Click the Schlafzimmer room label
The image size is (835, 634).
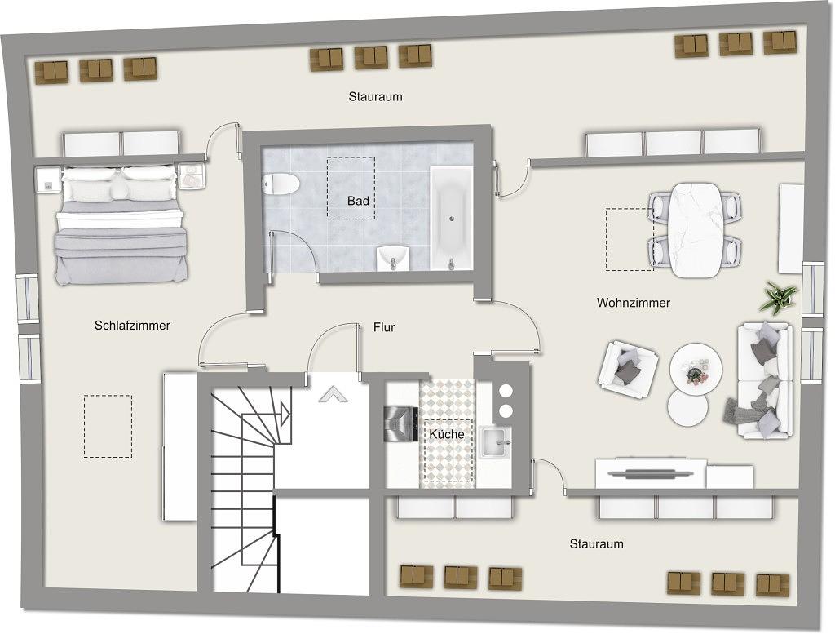[132, 325]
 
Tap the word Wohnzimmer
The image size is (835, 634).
[633, 303]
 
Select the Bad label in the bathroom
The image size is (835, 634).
[358, 201]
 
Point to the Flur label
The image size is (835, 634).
[384, 327]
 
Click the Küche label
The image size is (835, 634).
[447, 434]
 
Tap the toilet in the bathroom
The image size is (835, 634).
[281, 184]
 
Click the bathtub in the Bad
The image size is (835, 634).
[451, 218]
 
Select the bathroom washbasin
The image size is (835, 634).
[394, 258]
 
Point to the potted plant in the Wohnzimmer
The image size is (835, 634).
[778, 297]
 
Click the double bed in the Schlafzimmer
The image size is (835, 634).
[121, 224]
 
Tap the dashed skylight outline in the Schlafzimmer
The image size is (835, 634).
[108, 426]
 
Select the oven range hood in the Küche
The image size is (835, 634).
[401, 423]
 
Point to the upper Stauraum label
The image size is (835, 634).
[375, 97]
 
